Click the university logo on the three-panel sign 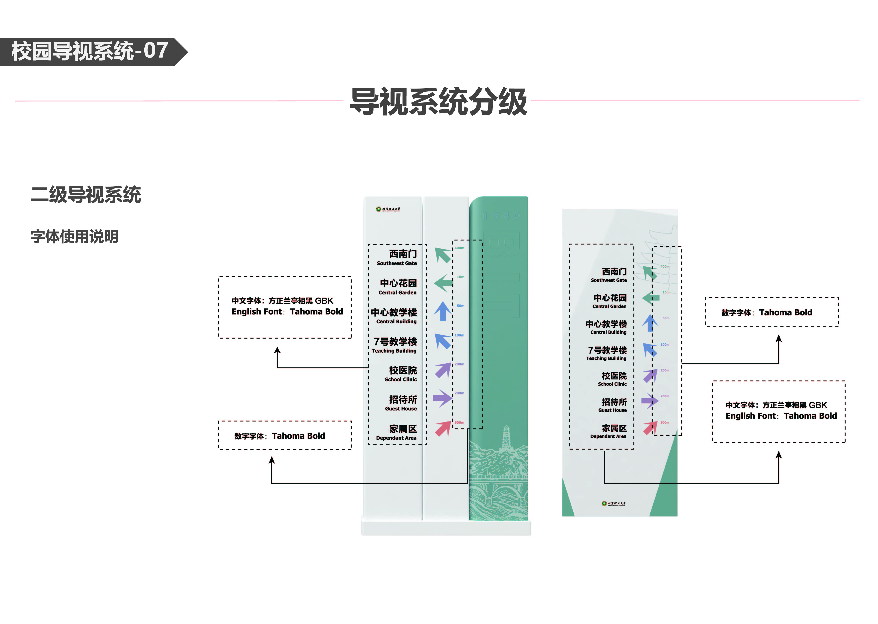(388, 209)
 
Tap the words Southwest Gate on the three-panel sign (396, 263)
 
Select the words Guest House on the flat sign (612, 410)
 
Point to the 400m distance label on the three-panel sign (459, 248)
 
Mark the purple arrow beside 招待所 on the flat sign (650, 401)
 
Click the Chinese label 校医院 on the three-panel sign (403, 370)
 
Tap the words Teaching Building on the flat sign (606, 358)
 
